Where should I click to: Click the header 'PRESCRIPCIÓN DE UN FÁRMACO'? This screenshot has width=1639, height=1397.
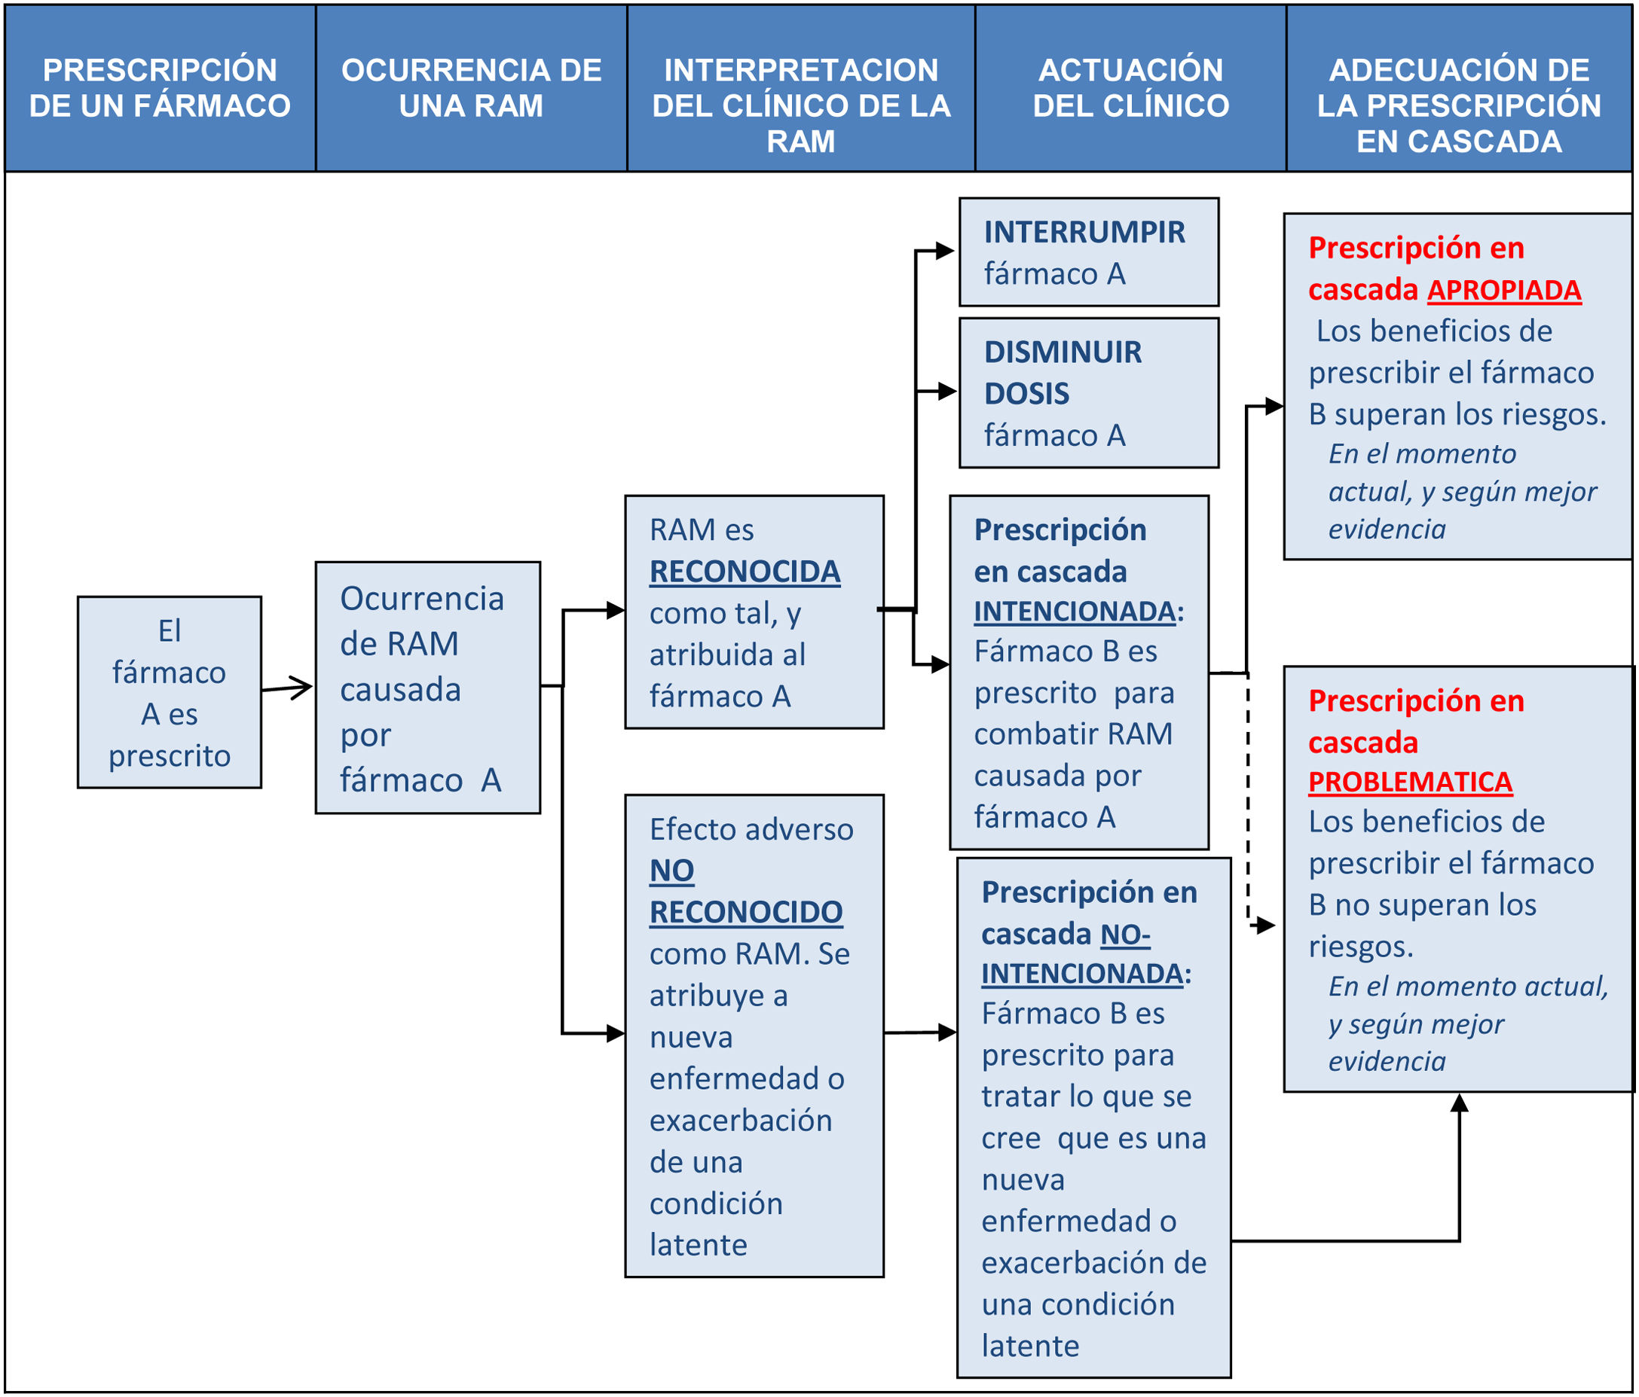click(160, 88)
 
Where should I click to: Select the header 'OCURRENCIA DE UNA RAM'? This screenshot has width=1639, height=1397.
click(472, 88)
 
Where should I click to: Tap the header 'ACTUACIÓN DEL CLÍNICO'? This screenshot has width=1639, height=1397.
click(1130, 88)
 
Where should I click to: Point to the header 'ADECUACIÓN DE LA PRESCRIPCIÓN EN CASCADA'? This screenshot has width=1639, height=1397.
click(1459, 105)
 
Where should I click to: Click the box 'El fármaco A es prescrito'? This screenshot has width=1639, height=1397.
click(170, 692)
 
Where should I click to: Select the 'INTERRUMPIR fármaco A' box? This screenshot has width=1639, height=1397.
click(1088, 252)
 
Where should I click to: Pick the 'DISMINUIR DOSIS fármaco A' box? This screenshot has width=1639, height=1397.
click(1088, 393)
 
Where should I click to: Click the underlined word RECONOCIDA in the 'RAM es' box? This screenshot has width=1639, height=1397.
click(745, 572)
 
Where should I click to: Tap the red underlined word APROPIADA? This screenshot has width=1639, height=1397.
click(1503, 290)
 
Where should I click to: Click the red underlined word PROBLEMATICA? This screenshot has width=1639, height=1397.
click(1410, 782)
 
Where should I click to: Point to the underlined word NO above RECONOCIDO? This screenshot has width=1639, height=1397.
click(671, 871)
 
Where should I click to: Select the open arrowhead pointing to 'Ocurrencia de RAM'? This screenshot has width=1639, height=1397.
click(301, 687)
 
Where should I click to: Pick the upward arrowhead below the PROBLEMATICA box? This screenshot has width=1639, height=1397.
click(1460, 1104)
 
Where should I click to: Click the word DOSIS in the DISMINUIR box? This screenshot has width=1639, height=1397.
click(1026, 394)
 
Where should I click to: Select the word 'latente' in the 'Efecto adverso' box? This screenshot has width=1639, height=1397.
click(698, 1245)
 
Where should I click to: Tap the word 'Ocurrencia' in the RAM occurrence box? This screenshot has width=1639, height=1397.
click(421, 599)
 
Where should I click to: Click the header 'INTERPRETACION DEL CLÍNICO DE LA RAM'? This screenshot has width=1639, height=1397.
click(800, 105)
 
